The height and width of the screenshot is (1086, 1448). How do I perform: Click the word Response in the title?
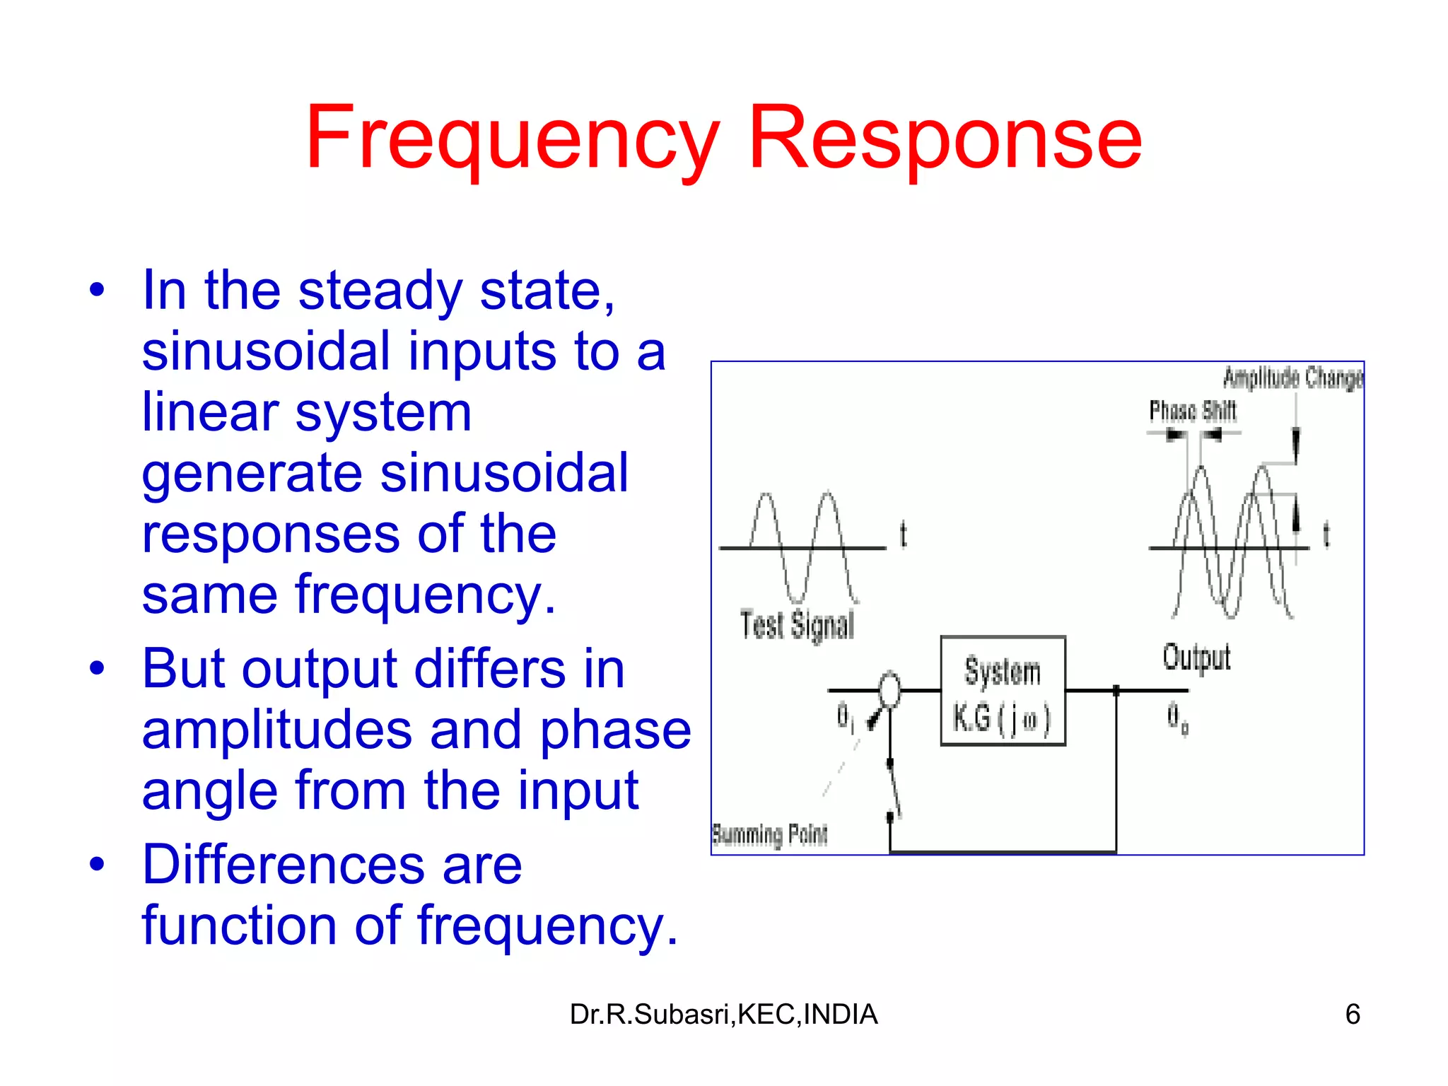tap(945, 138)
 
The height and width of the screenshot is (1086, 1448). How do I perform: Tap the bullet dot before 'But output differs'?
tap(98, 668)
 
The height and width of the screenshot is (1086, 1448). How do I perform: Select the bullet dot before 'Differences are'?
tap(98, 864)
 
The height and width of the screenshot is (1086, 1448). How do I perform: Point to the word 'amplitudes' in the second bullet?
tap(276, 730)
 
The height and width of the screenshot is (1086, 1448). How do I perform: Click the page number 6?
tap(1352, 1015)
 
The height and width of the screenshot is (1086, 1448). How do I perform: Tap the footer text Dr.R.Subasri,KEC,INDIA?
tap(723, 1015)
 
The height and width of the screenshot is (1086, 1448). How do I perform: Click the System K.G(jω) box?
tap(1002, 691)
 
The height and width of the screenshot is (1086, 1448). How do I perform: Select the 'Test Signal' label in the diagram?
tap(797, 625)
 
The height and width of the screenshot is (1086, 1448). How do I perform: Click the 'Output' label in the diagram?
tap(1196, 658)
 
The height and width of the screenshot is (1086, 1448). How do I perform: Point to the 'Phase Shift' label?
tap(1192, 411)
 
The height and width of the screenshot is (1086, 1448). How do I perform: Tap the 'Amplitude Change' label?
tap(1292, 378)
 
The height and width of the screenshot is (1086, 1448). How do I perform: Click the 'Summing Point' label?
tap(769, 835)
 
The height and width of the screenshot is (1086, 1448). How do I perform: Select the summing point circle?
tap(889, 689)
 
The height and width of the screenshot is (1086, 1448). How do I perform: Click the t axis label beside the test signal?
tap(903, 535)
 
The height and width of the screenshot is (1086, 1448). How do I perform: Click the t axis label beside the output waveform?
tap(1326, 535)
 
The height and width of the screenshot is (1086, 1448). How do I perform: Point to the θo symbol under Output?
tap(1176, 718)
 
